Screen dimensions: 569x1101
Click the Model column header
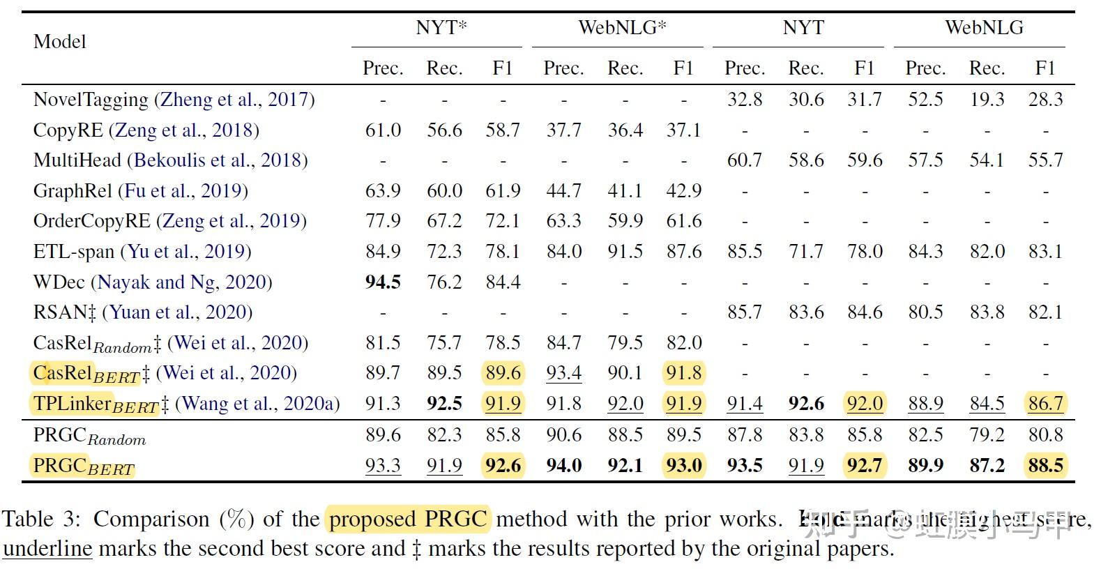coord(60,42)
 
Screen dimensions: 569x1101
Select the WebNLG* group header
coord(622,28)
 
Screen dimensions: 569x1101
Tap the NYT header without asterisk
coord(803,28)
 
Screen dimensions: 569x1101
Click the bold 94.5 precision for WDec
coord(383,282)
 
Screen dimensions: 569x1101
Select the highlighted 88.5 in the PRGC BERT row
coord(1045,465)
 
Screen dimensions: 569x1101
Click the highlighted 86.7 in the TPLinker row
coord(1045,404)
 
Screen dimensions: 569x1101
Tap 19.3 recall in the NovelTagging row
coord(987,100)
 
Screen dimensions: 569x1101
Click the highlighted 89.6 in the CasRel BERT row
coord(503,373)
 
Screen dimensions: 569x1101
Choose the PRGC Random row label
coord(89,436)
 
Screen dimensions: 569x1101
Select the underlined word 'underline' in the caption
coord(47,549)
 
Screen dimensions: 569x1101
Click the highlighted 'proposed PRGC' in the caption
coord(408,519)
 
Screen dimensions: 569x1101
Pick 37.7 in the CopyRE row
coord(563,130)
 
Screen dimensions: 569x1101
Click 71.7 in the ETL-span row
coord(806,252)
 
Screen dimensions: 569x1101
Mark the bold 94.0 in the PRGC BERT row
coord(563,465)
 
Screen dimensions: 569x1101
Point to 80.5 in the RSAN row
coord(925,312)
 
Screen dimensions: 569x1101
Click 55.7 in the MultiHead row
coord(1045,160)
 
